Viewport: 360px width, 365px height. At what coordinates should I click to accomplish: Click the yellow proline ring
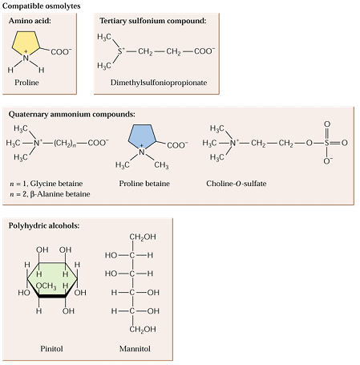coord(26,43)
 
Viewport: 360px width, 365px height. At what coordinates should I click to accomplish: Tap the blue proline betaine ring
coord(142,136)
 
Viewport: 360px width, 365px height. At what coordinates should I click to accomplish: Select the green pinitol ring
coord(52,280)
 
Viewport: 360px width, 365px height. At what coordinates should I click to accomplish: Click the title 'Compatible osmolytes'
coord(42,6)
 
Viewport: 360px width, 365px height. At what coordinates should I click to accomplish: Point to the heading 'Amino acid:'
coord(30,21)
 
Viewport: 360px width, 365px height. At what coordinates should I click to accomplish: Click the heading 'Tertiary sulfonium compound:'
coord(153,21)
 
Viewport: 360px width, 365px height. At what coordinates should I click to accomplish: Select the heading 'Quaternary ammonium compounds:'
coord(72,115)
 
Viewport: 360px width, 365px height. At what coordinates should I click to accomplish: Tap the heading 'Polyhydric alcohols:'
coord(44,225)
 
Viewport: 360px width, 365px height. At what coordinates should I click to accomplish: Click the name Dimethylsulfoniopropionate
coord(159,83)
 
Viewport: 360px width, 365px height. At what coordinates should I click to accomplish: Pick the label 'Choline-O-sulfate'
coord(237,184)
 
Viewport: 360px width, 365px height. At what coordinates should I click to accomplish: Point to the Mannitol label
coord(135,349)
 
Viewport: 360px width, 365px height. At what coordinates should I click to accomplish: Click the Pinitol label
coord(51,349)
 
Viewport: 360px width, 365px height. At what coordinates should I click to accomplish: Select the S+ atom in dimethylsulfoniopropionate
coord(121,51)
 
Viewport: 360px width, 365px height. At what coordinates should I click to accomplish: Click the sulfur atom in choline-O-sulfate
coord(327,143)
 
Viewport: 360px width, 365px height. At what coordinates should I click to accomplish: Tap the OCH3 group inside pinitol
coord(46,286)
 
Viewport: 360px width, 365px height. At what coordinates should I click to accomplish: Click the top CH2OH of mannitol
coord(143,237)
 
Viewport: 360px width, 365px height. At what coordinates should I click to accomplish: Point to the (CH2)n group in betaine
coord(65,143)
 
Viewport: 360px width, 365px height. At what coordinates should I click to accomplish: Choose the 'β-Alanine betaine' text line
coord(50,194)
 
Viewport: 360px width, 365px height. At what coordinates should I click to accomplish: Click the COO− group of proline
coord(61,51)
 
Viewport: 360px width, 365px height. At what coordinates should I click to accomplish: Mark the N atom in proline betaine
coord(142,151)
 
